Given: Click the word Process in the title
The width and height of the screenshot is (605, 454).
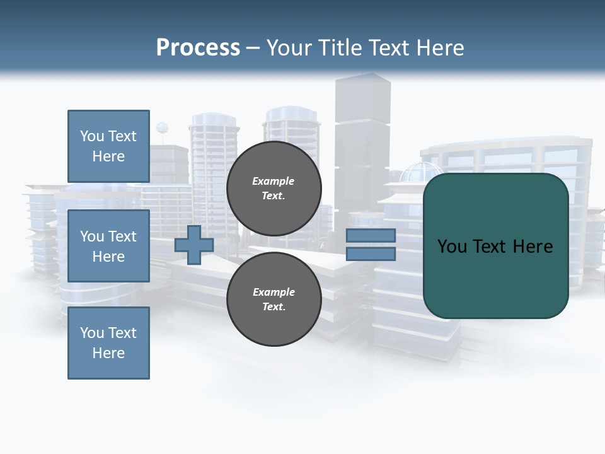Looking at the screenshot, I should click(x=198, y=47).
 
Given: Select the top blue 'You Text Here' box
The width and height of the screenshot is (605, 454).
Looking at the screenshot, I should click(x=108, y=146).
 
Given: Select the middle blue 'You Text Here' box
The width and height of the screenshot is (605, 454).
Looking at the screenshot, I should click(x=108, y=246).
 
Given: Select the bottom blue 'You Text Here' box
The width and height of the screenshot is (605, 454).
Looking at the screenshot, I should click(x=108, y=343).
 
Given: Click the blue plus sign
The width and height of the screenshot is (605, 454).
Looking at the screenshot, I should click(x=194, y=245).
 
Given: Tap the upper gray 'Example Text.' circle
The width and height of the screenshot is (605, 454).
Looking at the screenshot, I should click(x=274, y=188).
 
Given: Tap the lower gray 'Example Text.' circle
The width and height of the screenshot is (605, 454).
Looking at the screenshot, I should click(x=274, y=299).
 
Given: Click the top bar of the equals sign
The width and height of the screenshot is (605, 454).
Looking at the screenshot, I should click(x=371, y=235).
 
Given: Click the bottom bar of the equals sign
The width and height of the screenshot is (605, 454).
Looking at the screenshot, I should click(x=371, y=254).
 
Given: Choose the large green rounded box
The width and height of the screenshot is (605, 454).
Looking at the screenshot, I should click(x=495, y=277).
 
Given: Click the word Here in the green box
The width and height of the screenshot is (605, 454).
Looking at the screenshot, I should click(x=533, y=247).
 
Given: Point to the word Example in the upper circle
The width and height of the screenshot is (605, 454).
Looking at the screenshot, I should click(x=273, y=181).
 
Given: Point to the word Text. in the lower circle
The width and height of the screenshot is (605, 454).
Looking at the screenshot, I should click(x=274, y=306).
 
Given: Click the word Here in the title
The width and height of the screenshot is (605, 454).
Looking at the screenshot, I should click(x=440, y=47).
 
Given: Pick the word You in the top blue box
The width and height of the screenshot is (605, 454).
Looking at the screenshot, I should click(x=92, y=136).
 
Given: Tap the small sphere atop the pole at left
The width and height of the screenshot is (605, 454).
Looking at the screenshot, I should click(x=162, y=128).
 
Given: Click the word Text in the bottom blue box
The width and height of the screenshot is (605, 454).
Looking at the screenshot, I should click(x=122, y=333).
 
